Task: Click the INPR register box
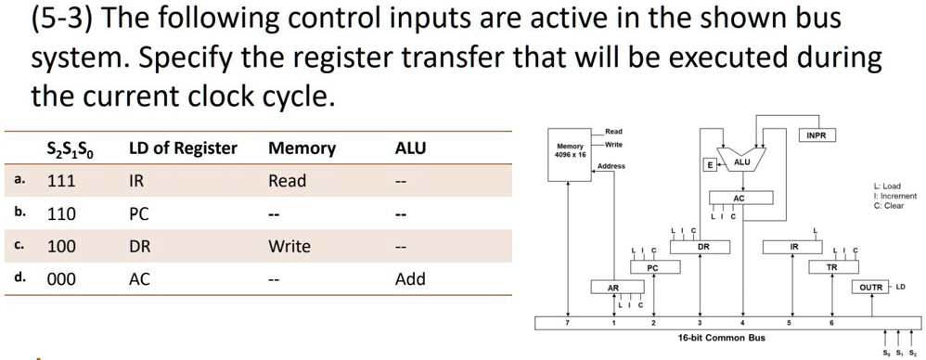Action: pyautogui.click(x=817, y=135)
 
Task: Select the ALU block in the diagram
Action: pyautogui.click(x=741, y=162)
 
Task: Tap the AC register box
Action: pyautogui.click(x=739, y=199)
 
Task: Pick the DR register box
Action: pyautogui.click(x=703, y=247)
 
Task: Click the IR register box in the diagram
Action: pyautogui.click(x=794, y=247)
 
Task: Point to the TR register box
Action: pyautogui.click(x=831, y=267)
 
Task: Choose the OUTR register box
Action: pyautogui.click(x=871, y=287)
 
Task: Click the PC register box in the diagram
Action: pyautogui.click(x=652, y=267)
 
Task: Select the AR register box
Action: pyautogui.click(x=612, y=288)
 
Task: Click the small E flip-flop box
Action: pyautogui.click(x=710, y=164)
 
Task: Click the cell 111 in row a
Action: pyautogui.click(x=61, y=181)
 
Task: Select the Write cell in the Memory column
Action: pyautogui.click(x=289, y=247)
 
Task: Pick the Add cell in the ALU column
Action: pyautogui.click(x=409, y=279)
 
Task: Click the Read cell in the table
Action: pyautogui.click(x=287, y=181)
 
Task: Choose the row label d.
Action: pyautogui.click(x=20, y=278)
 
